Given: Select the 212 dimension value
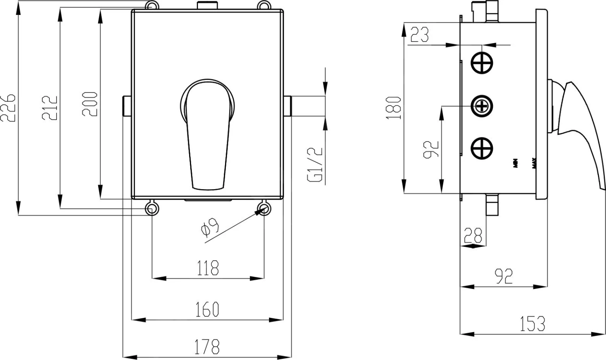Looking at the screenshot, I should coord(50,107).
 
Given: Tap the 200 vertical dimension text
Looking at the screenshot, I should coord(90,104).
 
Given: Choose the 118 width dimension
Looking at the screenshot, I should coord(208,268).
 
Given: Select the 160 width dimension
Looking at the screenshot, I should coord(207,309).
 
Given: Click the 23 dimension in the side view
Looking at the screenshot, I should coord(419,35).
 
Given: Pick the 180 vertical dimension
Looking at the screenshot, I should coord(394,107).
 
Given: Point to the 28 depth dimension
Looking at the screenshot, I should coord(473,235).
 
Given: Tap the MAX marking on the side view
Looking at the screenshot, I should coord(534,163).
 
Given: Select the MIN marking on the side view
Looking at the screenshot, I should coord(516,163).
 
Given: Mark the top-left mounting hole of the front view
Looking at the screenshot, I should coord(151,7).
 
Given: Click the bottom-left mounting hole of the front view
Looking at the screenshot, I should coord(151,209).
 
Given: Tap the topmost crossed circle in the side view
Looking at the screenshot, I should coord(482,63).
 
